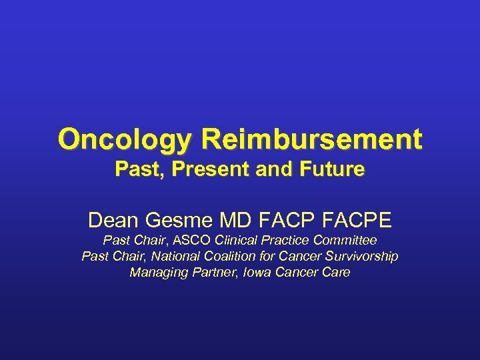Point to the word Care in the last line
(x=335, y=272)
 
